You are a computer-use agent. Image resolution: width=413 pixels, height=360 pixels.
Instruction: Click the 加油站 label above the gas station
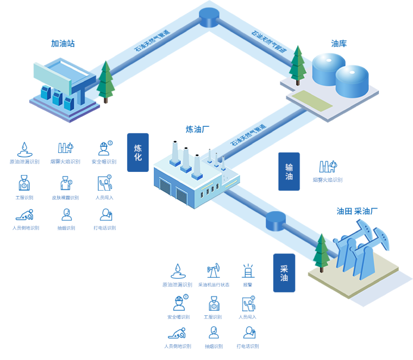click(x=63, y=43)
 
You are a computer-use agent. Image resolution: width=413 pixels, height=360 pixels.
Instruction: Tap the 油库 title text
click(x=339, y=43)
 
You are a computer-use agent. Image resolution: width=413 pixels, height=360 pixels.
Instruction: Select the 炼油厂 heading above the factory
click(x=198, y=130)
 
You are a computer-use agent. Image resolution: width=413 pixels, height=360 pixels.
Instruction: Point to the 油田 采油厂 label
click(x=357, y=211)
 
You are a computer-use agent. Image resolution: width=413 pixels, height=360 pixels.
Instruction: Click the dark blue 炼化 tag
click(x=138, y=152)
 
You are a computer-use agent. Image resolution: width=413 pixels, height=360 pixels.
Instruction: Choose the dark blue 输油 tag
click(x=289, y=172)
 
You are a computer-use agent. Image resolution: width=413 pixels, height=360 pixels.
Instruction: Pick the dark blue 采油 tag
click(x=284, y=273)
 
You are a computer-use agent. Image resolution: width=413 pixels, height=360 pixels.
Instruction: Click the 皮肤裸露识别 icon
click(x=65, y=184)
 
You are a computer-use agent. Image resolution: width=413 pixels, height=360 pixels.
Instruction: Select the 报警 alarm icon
click(x=248, y=271)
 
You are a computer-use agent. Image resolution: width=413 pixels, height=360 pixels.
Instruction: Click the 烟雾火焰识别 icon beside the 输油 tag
click(x=327, y=167)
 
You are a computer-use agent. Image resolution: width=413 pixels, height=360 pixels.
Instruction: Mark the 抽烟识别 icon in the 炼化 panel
click(x=66, y=215)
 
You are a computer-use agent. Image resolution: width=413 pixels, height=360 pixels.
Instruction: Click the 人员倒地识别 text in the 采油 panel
click(x=178, y=346)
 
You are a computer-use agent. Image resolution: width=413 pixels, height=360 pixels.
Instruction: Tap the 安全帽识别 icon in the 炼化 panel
click(x=104, y=148)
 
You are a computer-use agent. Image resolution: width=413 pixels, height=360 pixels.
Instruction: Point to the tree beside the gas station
click(x=106, y=82)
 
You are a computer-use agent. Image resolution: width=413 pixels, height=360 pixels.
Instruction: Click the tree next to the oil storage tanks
click(x=297, y=65)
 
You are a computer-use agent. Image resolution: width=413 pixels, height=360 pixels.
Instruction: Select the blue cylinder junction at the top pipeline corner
click(x=209, y=17)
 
